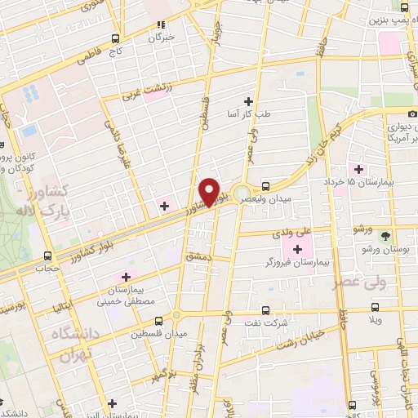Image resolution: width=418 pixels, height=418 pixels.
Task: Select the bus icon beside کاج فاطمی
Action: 116,38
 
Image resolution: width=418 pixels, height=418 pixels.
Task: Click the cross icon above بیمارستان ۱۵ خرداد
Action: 359,168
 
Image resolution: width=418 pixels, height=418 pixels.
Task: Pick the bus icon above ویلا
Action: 376,307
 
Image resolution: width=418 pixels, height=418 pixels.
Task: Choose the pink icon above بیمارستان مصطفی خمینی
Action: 126,278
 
